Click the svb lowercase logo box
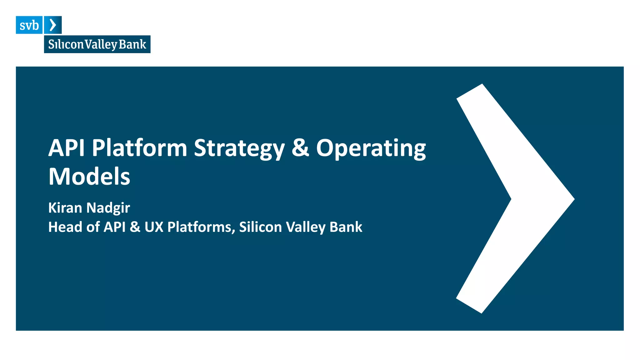(x=29, y=25)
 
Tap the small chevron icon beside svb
(x=53, y=25)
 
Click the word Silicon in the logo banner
(x=66, y=44)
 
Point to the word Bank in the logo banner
(x=132, y=44)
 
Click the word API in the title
(x=66, y=148)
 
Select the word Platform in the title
(x=139, y=148)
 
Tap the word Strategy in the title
(x=239, y=148)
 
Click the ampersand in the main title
(x=300, y=148)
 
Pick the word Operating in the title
(x=371, y=148)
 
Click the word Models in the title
(x=89, y=177)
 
